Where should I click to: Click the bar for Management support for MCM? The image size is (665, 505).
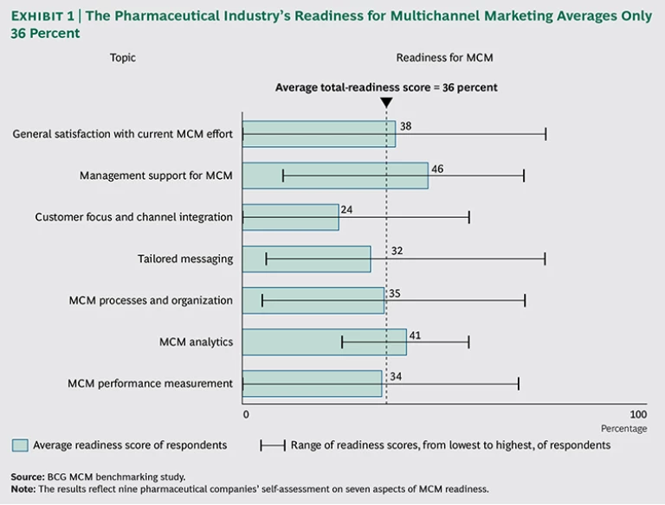[335, 176]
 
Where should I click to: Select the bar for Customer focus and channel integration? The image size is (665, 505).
[290, 217]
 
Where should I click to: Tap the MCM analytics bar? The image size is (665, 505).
[324, 342]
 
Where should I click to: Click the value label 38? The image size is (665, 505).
[405, 126]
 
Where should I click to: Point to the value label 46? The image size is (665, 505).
[437, 169]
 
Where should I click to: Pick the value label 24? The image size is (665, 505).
[347, 210]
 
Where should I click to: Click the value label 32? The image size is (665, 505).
[397, 252]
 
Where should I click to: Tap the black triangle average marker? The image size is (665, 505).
[386, 103]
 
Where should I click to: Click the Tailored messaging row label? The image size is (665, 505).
[185, 259]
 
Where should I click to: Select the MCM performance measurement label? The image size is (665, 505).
[150, 383]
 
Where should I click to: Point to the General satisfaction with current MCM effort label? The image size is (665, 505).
[123, 134]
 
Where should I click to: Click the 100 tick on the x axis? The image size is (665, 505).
[637, 414]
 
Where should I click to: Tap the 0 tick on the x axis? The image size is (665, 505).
[246, 414]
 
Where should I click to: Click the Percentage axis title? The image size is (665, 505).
[623, 428]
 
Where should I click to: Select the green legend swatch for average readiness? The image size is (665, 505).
[20, 445]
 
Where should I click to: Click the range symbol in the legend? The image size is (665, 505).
[272, 445]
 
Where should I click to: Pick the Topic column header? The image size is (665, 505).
[123, 58]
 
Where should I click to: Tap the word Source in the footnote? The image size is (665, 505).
[26, 476]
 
